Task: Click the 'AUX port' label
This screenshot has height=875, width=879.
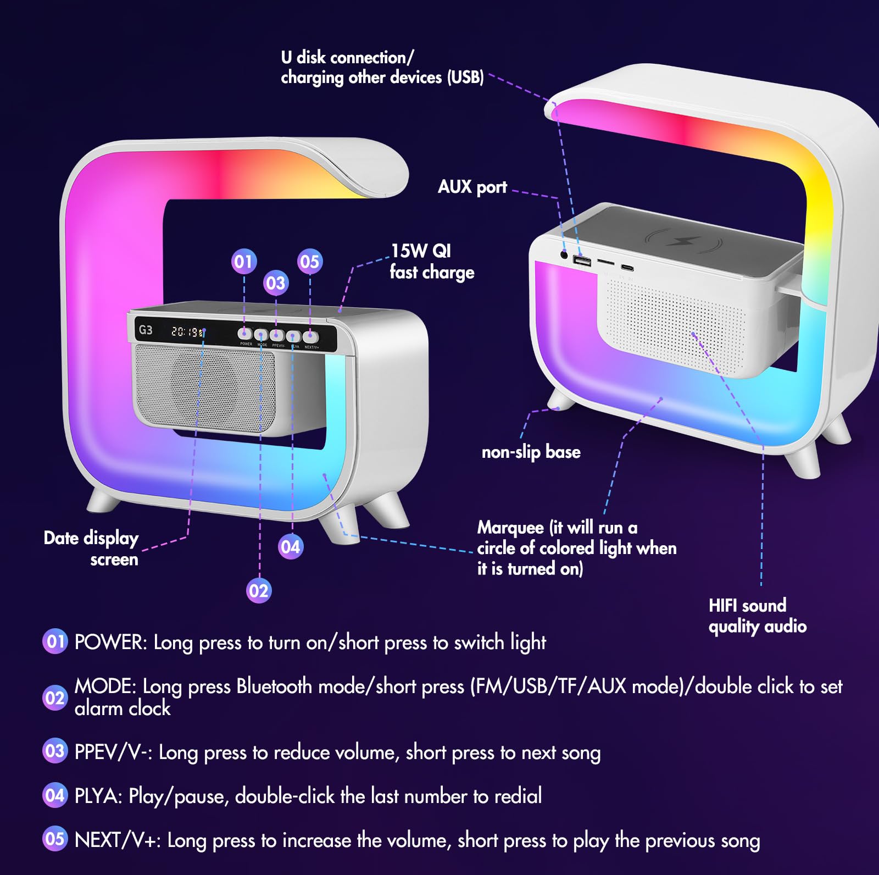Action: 472,187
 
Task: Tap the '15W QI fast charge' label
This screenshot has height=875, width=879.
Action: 431,262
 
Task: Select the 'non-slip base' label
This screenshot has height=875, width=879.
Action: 531,452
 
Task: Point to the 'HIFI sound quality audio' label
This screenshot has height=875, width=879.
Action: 757,616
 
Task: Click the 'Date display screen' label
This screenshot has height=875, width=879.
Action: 91,548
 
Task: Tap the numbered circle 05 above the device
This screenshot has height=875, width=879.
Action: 310,262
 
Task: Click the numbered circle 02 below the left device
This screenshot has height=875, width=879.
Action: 258,591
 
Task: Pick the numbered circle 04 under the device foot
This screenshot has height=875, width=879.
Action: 291,547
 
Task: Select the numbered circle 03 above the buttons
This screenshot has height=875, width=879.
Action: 276,283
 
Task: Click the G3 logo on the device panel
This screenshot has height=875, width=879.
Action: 146,330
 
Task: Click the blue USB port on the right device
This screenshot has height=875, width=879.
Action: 582,260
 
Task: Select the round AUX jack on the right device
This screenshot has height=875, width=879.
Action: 564,254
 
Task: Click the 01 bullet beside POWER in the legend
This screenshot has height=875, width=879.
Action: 55,641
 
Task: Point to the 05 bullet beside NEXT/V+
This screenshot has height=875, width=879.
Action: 55,839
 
